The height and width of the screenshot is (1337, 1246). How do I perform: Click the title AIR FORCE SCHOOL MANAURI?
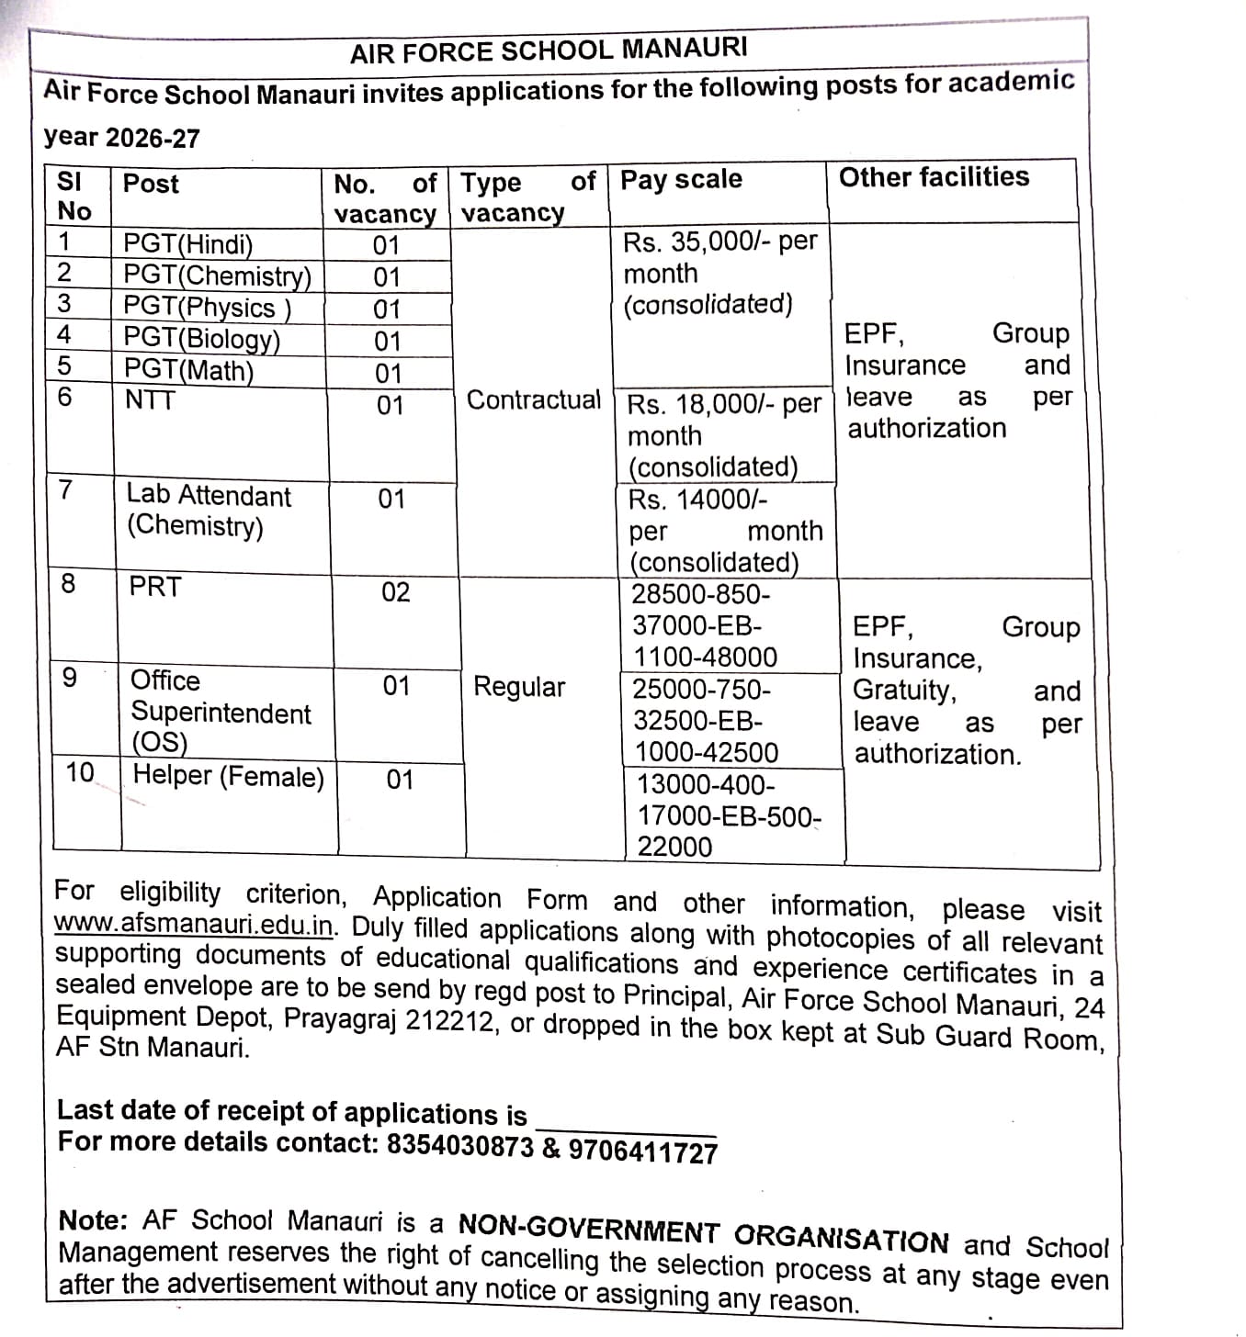pyautogui.click(x=549, y=50)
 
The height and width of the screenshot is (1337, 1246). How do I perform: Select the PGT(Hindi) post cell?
pyautogui.click(x=187, y=244)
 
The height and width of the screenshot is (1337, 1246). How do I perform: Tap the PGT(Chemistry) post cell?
pyautogui.click(x=217, y=275)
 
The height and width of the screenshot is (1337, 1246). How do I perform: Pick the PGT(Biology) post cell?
pyautogui.click(x=201, y=339)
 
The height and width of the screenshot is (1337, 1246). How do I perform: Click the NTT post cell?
pyautogui.click(x=149, y=399)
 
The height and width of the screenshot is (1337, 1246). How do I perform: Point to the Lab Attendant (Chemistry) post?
pyautogui.click(x=208, y=511)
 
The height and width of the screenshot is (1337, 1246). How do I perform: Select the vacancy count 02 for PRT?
pyautogui.click(x=395, y=592)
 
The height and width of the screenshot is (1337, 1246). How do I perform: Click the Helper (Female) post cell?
pyautogui.click(x=228, y=776)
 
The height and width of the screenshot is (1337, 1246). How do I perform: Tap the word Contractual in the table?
pyautogui.click(x=533, y=400)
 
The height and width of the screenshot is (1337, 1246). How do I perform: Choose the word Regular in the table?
pyautogui.click(x=519, y=687)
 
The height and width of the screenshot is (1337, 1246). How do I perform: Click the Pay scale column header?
pyautogui.click(x=681, y=179)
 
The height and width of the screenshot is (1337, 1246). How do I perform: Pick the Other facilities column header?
pyautogui.click(x=934, y=177)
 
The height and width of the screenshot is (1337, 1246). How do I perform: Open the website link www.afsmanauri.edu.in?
pyautogui.click(x=194, y=924)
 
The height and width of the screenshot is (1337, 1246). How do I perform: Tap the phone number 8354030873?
pyautogui.click(x=459, y=1145)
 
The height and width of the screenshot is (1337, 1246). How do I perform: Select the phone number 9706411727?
pyautogui.click(x=642, y=1151)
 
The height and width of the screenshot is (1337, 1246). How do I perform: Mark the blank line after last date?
pyautogui.click(x=625, y=1128)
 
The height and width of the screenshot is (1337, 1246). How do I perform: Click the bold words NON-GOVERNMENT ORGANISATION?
pyautogui.click(x=703, y=1233)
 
